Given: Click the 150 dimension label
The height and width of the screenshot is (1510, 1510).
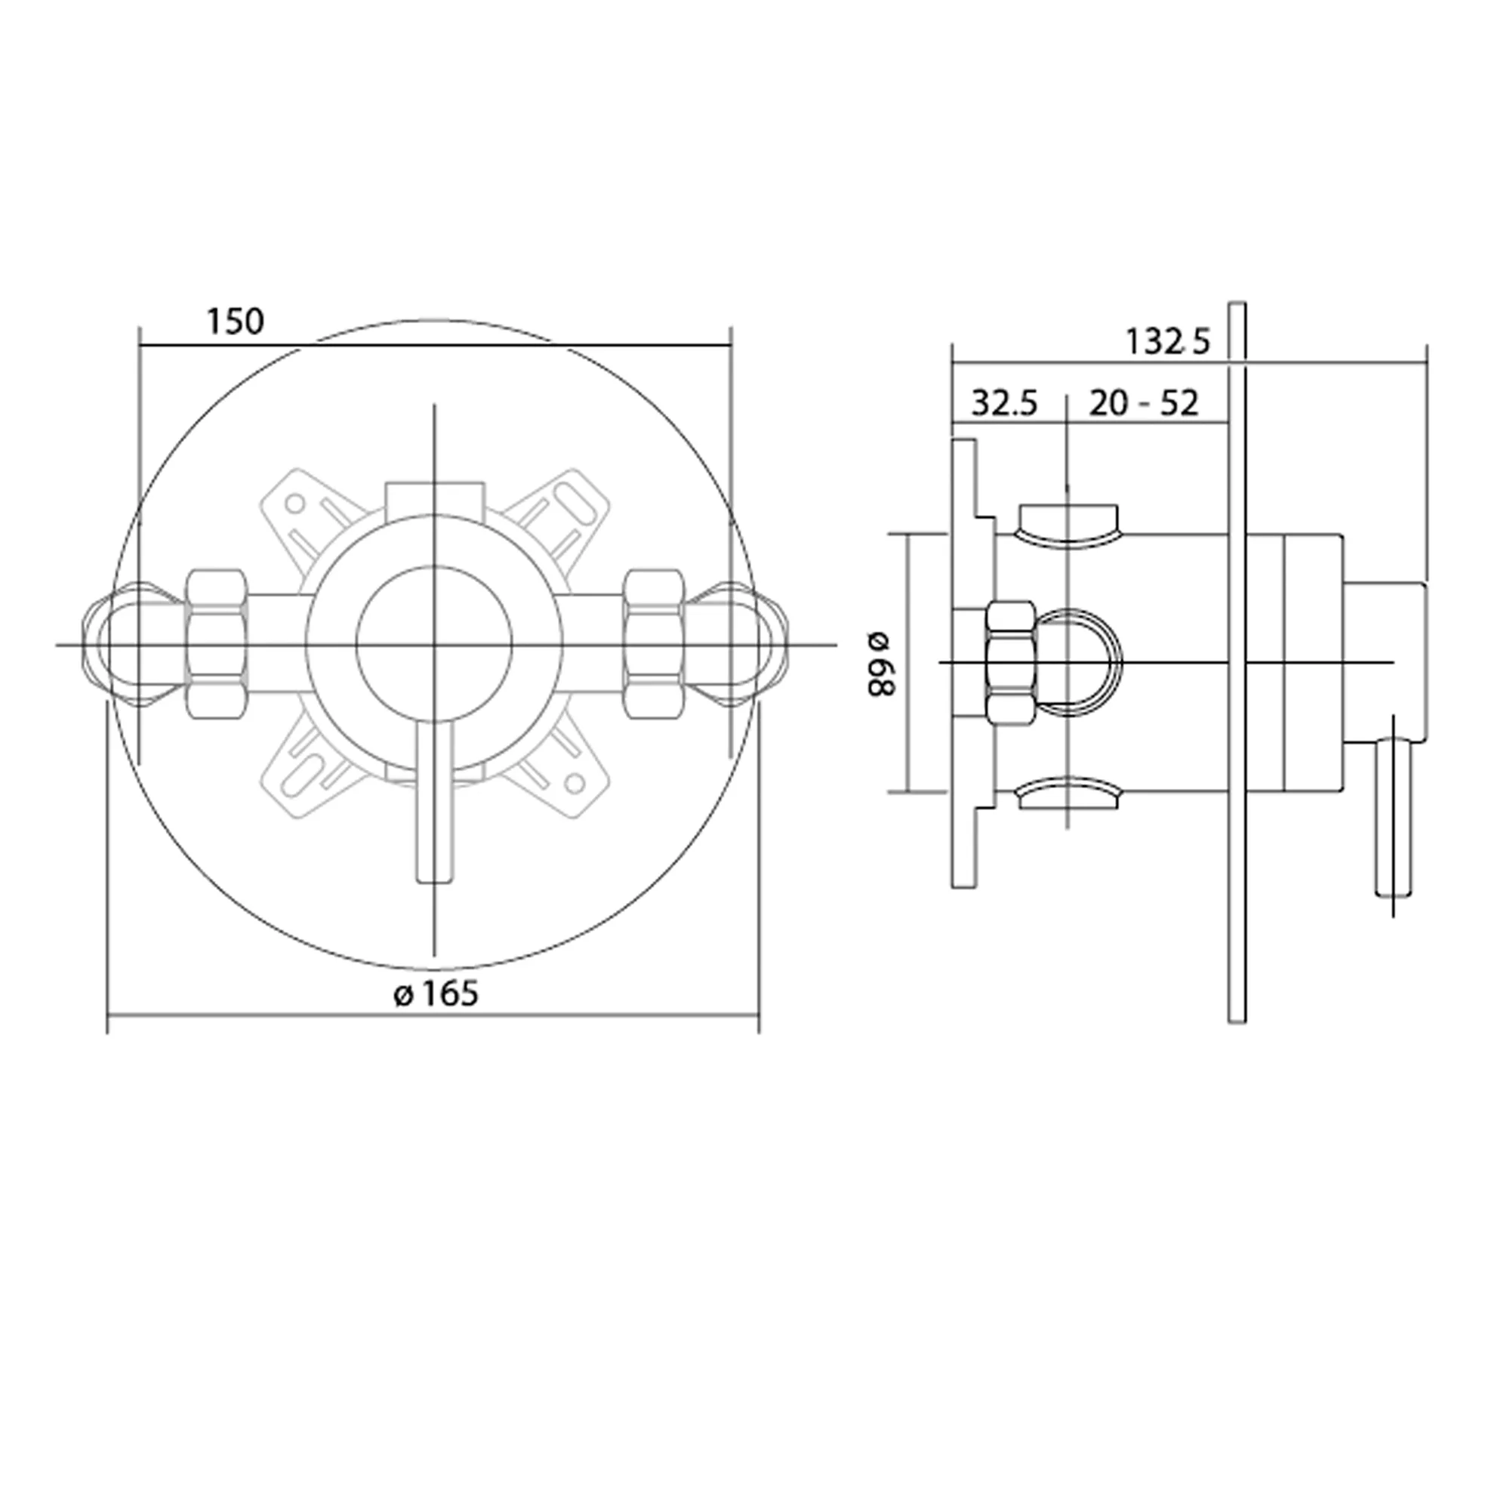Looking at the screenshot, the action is click(236, 321).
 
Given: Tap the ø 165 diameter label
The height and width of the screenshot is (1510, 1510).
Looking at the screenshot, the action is click(436, 994).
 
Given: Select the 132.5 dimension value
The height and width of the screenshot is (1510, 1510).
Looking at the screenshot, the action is click(1168, 341).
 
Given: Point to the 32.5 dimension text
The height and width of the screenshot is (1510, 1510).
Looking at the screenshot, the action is click(1004, 403).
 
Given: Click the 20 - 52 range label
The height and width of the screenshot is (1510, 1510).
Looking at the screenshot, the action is click(1143, 403).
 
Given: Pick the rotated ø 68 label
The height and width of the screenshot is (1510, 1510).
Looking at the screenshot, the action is click(881, 664).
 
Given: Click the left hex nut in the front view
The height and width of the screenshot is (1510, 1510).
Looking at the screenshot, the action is click(217, 643).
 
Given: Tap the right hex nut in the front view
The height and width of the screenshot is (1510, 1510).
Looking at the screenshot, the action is click(654, 643).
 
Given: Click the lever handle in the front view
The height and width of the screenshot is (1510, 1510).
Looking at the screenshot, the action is click(436, 801).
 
